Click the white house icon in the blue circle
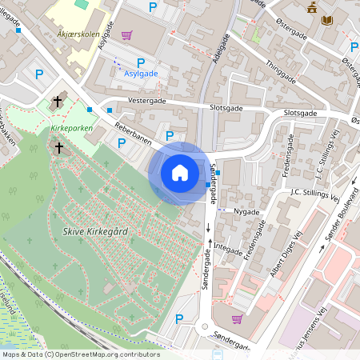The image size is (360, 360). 179,173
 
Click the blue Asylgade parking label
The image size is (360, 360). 142,74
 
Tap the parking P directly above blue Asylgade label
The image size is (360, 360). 141,62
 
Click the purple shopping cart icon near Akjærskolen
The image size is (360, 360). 126,35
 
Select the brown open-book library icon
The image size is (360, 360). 326,20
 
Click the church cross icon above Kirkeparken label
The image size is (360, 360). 57,102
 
